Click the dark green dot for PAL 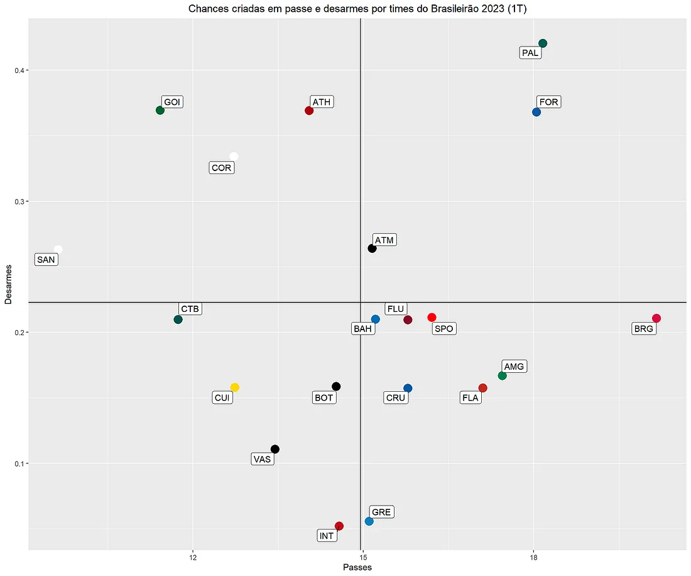pyautogui.click(x=543, y=43)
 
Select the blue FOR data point pyautogui.click(x=536, y=112)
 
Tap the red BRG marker pyautogui.click(x=656, y=318)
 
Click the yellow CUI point pyautogui.click(x=235, y=387)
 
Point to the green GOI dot pyautogui.click(x=160, y=111)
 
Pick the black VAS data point pyautogui.click(x=275, y=449)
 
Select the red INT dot pyautogui.click(x=339, y=526)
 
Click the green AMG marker pyautogui.click(x=502, y=375)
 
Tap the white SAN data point pyautogui.click(x=58, y=250)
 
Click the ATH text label pyautogui.click(x=322, y=102)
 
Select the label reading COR pyautogui.click(x=221, y=168)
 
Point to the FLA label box pyautogui.click(x=470, y=397)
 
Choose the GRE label pyautogui.click(x=381, y=512)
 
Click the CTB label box pyautogui.click(x=190, y=309)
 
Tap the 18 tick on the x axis pyautogui.click(x=534, y=558)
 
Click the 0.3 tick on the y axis pyautogui.click(x=19, y=201)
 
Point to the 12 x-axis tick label pyautogui.click(x=193, y=558)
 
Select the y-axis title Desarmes pyautogui.click(x=8, y=285)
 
